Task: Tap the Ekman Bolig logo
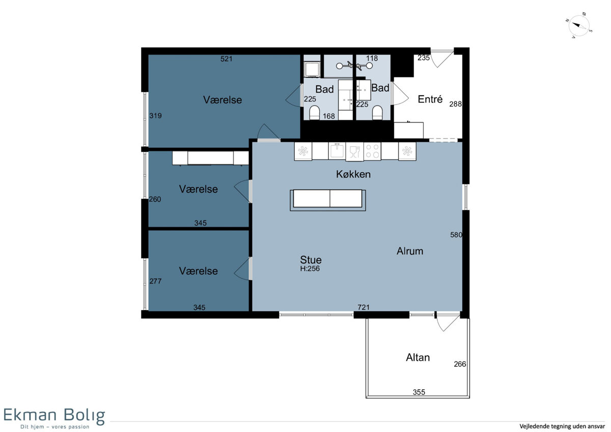click(54, 419)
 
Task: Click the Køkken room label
click(353, 174)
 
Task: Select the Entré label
click(430, 99)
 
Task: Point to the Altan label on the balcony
click(418, 358)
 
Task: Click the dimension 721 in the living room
click(364, 307)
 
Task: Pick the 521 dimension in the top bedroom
click(227, 59)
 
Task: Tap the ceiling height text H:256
click(310, 268)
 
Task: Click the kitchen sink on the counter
click(337, 151)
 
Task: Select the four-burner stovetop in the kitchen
click(372, 151)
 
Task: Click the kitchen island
click(327, 200)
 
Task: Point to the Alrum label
click(410, 251)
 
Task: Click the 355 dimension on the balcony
click(419, 392)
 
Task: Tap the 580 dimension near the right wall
click(456, 235)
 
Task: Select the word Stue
click(311, 259)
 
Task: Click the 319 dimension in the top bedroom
click(155, 116)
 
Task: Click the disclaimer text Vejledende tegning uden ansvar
click(562, 426)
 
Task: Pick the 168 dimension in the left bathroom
click(329, 116)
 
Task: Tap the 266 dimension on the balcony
click(460, 364)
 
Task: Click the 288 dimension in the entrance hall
click(456, 104)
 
